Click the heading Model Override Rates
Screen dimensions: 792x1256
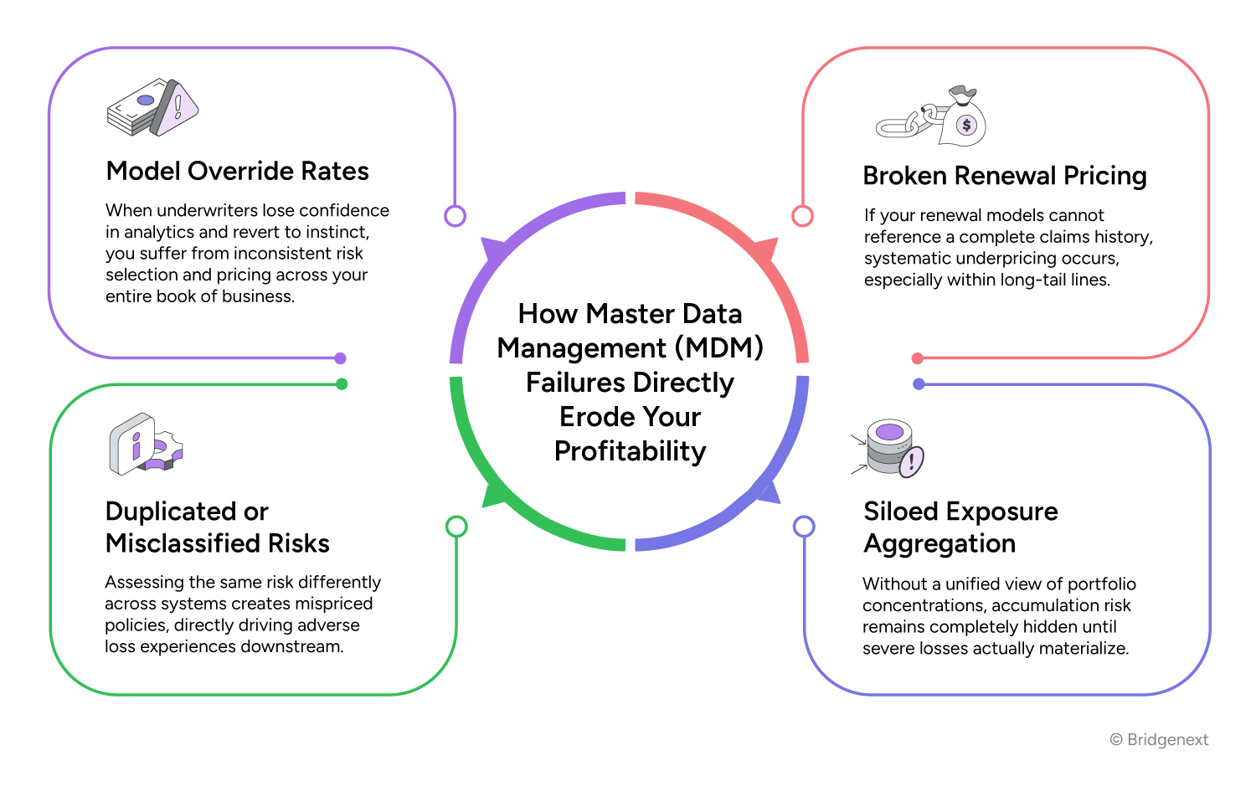pyautogui.click(x=237, y=172)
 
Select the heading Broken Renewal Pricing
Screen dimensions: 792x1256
pyautogui.click(x=1004, y=177)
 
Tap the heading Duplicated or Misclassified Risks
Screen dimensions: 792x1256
pyautogui.click(x=217, y=527)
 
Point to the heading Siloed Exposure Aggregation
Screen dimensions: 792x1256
pyautogui.click(x=960, y=527)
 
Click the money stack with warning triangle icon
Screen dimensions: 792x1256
pyautogui.click(x=152, y=108)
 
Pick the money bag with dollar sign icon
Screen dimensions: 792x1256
pyautogui.click(x=963, y=121)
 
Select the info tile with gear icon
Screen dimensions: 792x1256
pyautogui.click(x=145, y=444)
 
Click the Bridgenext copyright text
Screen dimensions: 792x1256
pyautogui.click(x=1159, y=740)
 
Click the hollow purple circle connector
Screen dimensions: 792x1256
pyautogui.click(x=455, y=216)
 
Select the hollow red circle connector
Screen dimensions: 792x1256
pyautogui.click(x=802, y=216)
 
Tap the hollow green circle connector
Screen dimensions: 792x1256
pyautogui.click(x=456, y=527)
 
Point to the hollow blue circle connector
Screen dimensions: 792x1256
pyautogui.click(x=804, y=527)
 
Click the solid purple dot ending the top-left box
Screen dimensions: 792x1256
pyautogui.click(x=340, y=358)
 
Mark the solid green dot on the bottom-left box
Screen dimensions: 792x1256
pyautogui.click(x=342, y=384)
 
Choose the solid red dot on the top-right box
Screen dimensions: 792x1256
pyautogui.click(x=918, y=358)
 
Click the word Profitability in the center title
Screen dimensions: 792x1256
pyautogui.click(x=630, y=451)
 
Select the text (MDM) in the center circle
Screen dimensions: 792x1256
pyautogui.click(x=719, y=348)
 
